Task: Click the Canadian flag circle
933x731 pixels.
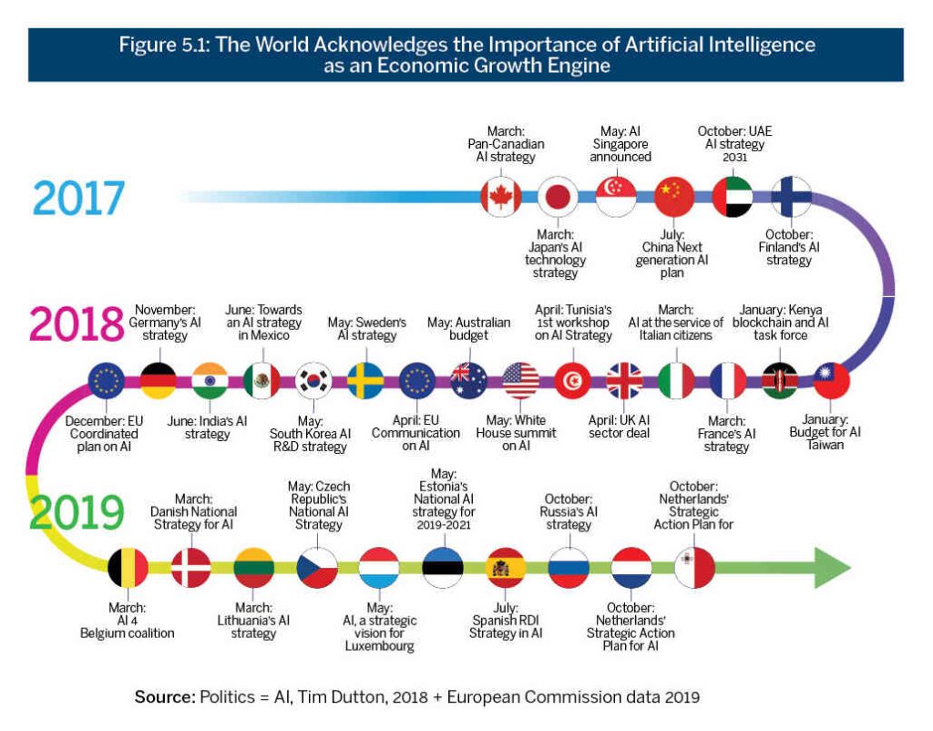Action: [x=500, y=196]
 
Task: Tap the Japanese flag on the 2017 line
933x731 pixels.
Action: [x=557, y=196]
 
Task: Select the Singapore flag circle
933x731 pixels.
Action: [x=615, y=196]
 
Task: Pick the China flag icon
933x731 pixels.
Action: [x=673, y=196]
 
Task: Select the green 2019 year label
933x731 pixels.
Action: [x=77, y=512]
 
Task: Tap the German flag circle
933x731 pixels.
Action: [x=159, y=381]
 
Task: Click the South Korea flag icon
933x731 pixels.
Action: [x=314, y=381]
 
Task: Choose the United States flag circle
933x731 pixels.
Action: [x=521, y=381]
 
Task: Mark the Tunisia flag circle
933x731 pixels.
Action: [x=573, y=381]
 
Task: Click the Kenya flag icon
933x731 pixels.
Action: [x=780, y=381]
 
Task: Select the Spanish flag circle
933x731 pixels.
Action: [x=504, y=567]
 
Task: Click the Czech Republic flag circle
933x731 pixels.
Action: [x=316, y=567]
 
